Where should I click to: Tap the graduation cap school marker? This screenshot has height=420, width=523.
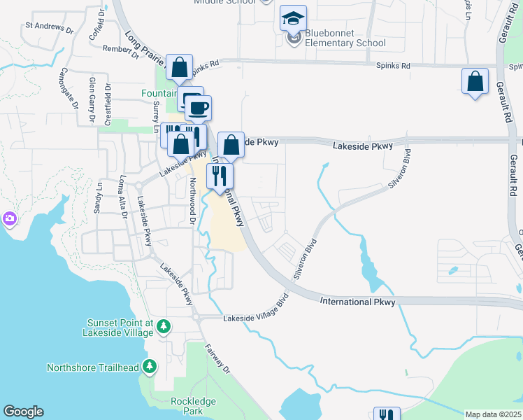coord(294,19)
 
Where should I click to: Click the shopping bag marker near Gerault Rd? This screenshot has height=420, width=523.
coord(475,81)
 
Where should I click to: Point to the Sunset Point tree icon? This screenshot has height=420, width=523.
coord(164,326)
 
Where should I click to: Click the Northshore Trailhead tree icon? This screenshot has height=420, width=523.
coord(149,366)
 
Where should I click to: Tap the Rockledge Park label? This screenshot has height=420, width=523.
coord(193,406)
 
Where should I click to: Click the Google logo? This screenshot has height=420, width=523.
coord(23,412)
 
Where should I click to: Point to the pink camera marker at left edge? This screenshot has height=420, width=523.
coord(10,218)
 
